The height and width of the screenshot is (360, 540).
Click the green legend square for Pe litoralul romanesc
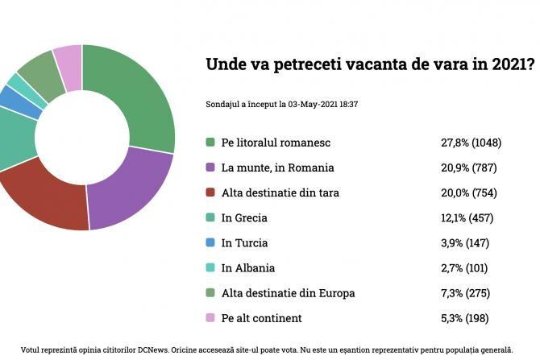(210, 143)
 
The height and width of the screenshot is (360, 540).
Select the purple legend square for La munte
(210, 168)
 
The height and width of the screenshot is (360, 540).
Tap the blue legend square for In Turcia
(210, 242)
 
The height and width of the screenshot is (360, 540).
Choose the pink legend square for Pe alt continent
(210, 317)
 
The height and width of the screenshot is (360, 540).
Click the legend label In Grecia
(243, 217)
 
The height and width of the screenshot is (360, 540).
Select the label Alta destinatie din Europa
(288, 292)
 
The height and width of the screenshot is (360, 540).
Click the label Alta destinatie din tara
(280, 192)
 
